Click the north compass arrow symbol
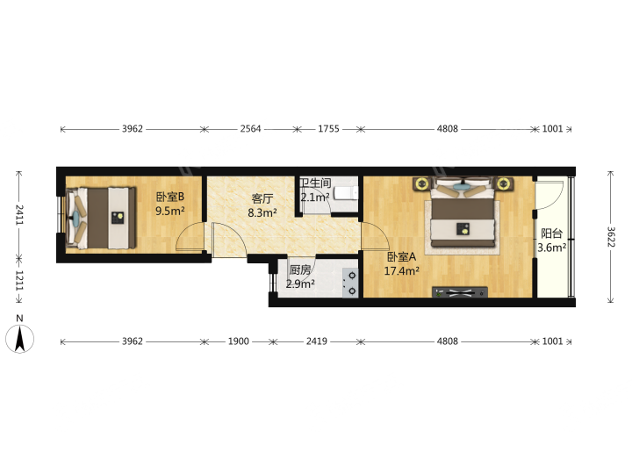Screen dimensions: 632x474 19,339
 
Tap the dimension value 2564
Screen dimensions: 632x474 251,128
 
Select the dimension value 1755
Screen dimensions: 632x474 329,128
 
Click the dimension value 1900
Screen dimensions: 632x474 239,341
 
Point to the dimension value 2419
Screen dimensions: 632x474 317,341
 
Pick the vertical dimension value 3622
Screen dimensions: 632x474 611,237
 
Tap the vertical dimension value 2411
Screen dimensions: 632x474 19,215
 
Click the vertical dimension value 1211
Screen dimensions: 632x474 19,281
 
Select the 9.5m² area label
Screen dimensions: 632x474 170,211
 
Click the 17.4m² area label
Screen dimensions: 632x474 401,271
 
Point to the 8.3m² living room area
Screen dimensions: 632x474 262,212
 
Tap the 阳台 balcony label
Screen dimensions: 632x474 551,233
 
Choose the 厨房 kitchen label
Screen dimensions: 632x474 300,269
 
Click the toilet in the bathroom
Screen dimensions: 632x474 346,193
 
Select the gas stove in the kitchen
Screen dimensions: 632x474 350,284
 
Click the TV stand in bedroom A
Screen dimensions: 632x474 460,292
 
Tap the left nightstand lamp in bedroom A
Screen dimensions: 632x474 422,184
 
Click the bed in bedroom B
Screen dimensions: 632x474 101,218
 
